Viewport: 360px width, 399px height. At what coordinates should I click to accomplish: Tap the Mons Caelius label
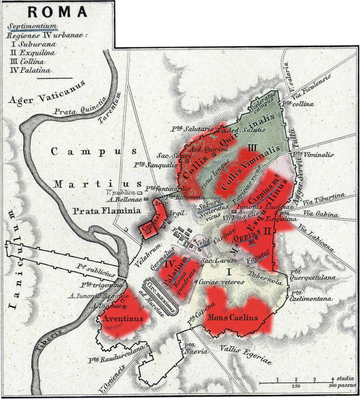[233, 317]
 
